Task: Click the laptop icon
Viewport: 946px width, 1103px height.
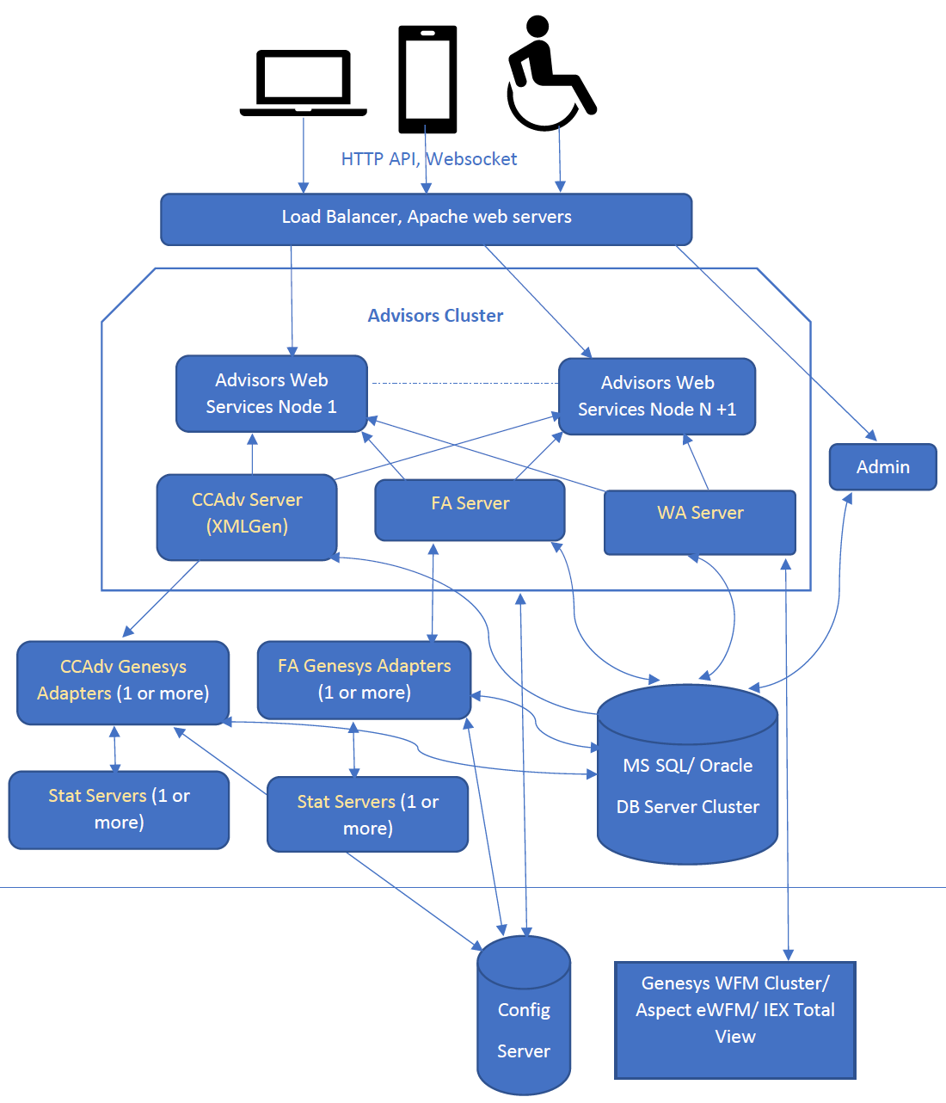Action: pyautogui.click(x=303, y=83)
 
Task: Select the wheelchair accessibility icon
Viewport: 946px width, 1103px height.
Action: pyautogui.click(x=549, y=76)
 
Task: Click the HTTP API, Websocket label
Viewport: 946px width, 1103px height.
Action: pyautogui.click(x=428, y=159)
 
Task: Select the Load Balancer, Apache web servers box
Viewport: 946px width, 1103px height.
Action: pyautogui.click(x=427, y=219)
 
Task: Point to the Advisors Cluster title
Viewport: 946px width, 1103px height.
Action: pyautogui.click(x=435, y=316)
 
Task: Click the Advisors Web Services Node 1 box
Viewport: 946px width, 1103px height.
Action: pyautogui.click(x=272, y=394)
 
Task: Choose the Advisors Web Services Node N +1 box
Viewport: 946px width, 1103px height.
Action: pyautogui.click(x=657, y=397)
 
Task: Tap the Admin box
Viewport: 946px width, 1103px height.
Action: pyautogui.click(x=882, y=467)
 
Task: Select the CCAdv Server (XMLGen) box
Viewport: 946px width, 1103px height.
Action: pyautogui.click(x=247, y=516)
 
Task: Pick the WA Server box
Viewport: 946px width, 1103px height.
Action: pyautogui.click(x=699, y=522)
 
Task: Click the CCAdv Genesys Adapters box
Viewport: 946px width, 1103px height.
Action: pyautogui.click(x=123, y=681)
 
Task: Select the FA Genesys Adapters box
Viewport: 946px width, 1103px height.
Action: pyautogui.click(x=364, y=680)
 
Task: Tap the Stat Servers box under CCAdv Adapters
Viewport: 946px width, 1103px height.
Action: pyautogui.click(x=119, y=810)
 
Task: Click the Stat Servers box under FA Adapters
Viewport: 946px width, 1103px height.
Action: pyautogui.click(x=367, y=814)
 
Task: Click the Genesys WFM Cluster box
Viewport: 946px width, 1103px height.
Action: pyautogui.click(x=734, y=1020)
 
